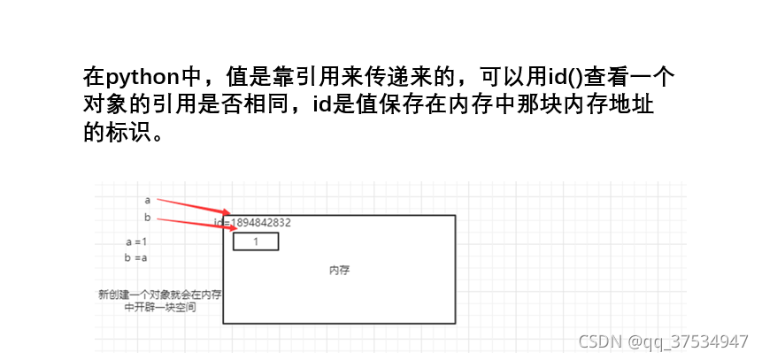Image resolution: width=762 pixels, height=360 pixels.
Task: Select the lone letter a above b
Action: click(147, 200)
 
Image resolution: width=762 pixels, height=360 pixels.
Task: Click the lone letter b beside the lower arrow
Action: click(147, 218)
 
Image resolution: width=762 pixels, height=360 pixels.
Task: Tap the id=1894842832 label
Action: click(253, 222)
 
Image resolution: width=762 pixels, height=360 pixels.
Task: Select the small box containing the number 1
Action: click(256, 241)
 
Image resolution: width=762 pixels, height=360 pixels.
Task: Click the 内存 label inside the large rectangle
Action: click(339, 270)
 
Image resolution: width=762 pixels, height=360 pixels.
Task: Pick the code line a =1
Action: click(135, 241)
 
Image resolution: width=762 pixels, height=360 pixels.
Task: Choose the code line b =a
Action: click(135, 257)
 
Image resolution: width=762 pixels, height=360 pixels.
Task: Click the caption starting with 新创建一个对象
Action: click(159, 301)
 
